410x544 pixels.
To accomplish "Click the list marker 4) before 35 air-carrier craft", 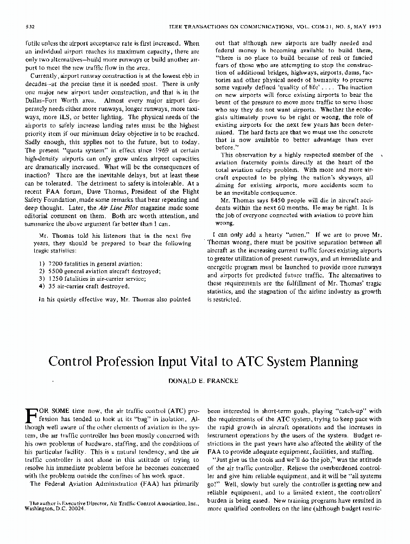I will (x=42, y=286).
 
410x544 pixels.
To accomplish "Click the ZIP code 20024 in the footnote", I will (x=68, y=509).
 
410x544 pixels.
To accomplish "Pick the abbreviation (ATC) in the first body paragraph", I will (x=165, y=411).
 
